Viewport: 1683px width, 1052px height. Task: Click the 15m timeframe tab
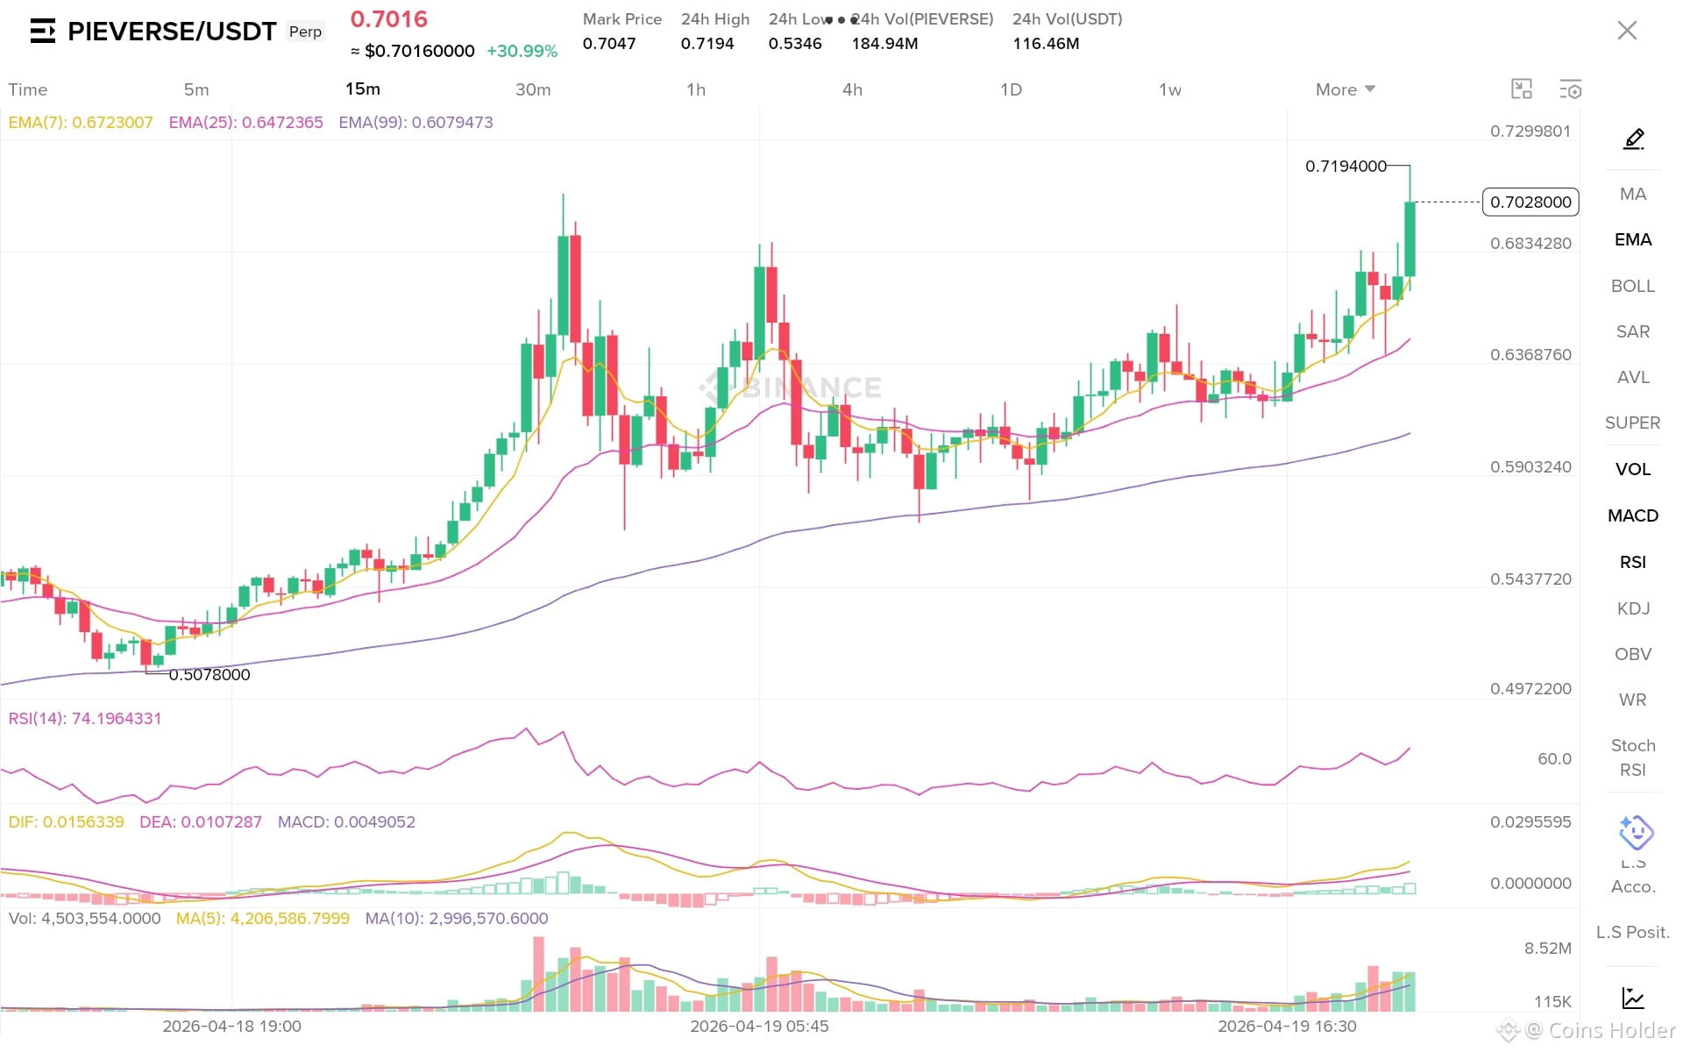point(362,89)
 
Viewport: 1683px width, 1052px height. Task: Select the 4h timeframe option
point(852,89)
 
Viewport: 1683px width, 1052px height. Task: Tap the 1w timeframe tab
point(1169,89)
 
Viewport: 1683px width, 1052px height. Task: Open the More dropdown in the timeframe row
point(1345,89)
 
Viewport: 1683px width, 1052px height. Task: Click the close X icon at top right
point(1627,31)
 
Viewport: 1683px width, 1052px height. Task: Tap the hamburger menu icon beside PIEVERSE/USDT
point(43,32)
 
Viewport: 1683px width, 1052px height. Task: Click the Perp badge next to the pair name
point(305,32)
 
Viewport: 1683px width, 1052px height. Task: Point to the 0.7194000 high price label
point(1346,166)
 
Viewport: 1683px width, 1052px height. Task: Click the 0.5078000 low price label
point(209,674)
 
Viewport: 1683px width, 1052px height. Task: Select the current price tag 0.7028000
point(1530,202)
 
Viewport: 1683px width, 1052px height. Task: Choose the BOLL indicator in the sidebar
point(1632,286)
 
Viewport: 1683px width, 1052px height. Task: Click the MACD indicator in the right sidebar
point(1632,515)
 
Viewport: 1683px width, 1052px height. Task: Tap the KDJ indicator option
point(1633,608)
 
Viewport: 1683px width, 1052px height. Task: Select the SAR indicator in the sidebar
point(1632,331)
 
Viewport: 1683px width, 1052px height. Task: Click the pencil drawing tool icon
point(1633,139)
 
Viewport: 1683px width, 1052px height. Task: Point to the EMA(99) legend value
point(415,123)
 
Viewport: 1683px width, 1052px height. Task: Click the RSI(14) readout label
point(84,719)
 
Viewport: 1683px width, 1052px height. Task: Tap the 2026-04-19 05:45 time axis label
point(759,1026)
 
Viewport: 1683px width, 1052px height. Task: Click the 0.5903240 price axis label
point(1530,467)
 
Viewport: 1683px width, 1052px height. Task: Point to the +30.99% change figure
point(522,51)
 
